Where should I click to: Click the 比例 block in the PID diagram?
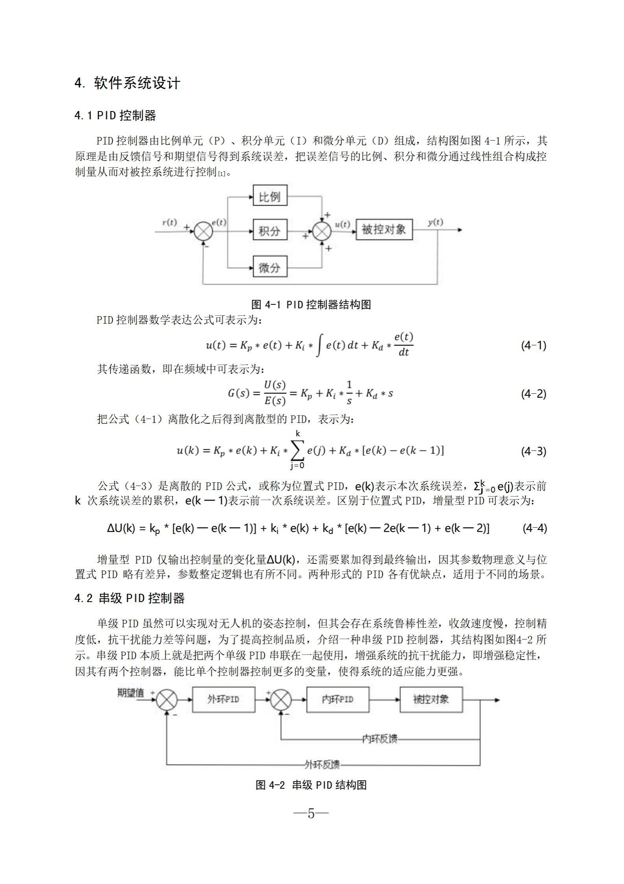pos(270,196)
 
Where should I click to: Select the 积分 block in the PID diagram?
pos(270,230)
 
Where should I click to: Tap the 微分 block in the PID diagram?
pos(270,267)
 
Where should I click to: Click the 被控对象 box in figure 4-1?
pos(384,230)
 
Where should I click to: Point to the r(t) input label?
pos(170,222)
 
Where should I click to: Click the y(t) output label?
pos(436,222)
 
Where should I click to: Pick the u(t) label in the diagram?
pos(342,224)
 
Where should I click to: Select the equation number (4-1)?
pos(534,346)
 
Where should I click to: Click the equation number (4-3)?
pos(534,451)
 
